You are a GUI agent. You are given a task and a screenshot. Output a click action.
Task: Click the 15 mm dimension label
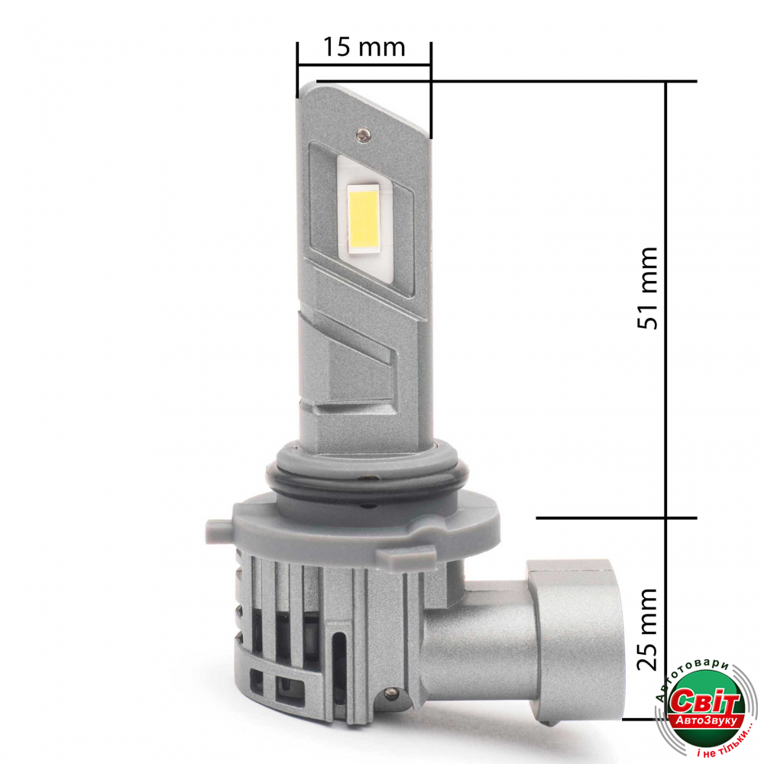click(x=364, y=47)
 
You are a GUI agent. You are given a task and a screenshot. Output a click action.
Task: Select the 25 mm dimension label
click(x=648, y=629)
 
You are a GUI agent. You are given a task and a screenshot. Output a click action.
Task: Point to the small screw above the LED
click(x=362, y=134)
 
